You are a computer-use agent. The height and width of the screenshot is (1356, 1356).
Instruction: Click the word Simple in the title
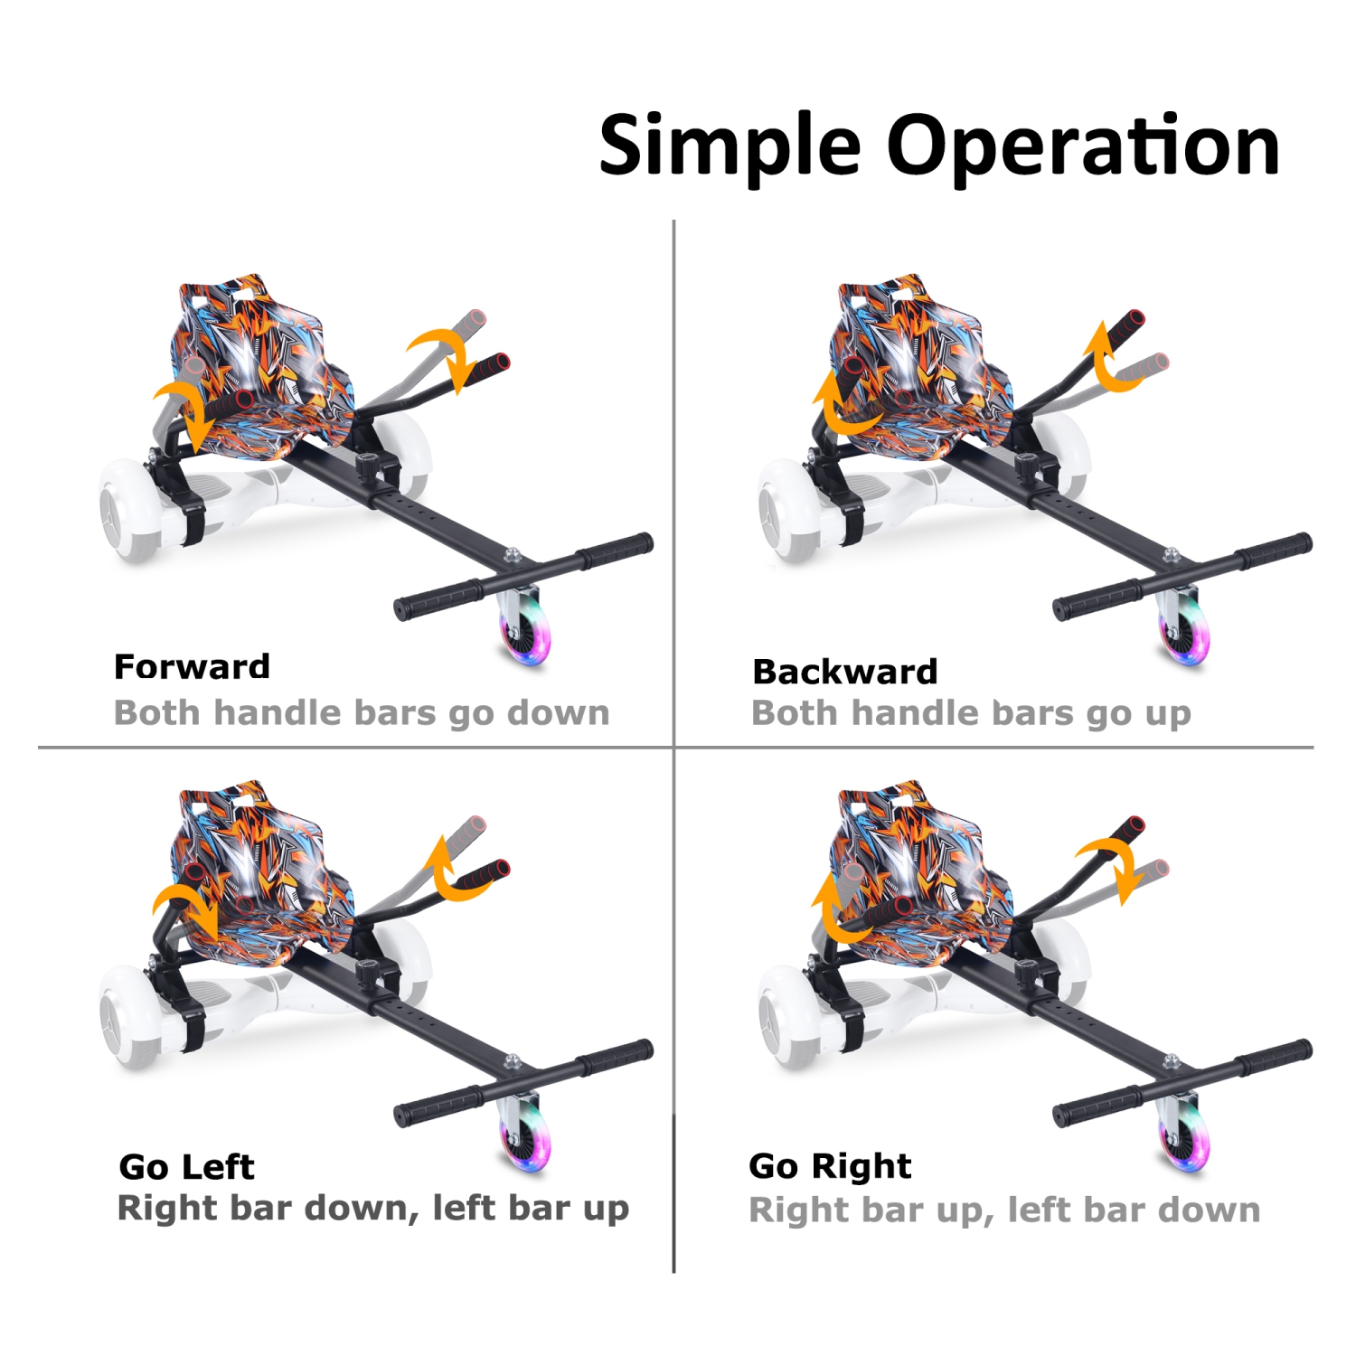729,146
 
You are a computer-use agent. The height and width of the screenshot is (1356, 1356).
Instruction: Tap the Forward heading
192,667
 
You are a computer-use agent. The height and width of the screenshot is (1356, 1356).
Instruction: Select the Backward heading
844,672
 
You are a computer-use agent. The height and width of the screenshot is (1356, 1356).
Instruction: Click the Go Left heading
186,1167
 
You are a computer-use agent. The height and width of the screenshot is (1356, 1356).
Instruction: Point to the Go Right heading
830,1166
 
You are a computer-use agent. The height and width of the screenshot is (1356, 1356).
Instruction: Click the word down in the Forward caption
558,712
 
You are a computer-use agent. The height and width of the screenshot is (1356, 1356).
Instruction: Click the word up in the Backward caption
1168,713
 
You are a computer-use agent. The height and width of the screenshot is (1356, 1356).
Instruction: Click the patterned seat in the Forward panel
262,371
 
